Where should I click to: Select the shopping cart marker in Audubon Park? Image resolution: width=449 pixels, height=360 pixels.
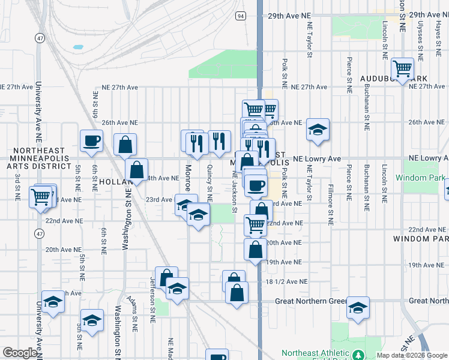pyautogui.click(x=402, y=68)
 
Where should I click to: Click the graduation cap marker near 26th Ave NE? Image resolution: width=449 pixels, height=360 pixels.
pyautogui.click(x=318, y=130)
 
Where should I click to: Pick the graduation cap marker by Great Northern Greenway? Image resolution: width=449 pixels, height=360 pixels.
pyautogui.click(x=358, y=308)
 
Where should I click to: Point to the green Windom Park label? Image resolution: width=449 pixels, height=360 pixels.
pyautogui.click(x=420, y=178)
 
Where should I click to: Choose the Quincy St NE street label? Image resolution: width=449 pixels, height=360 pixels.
pyautogui.click(x=209, y=183)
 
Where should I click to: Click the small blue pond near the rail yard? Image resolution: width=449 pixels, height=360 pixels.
pyautogui.click(x=77, y=47)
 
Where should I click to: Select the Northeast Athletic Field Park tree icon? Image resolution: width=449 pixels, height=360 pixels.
pyautogui.click(x=359, y=355)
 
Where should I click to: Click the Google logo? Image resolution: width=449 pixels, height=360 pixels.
pyautogui.click(x=20, y=353)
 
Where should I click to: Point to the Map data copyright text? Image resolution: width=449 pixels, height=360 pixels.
pyautogui.click(x=411, y=355)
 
